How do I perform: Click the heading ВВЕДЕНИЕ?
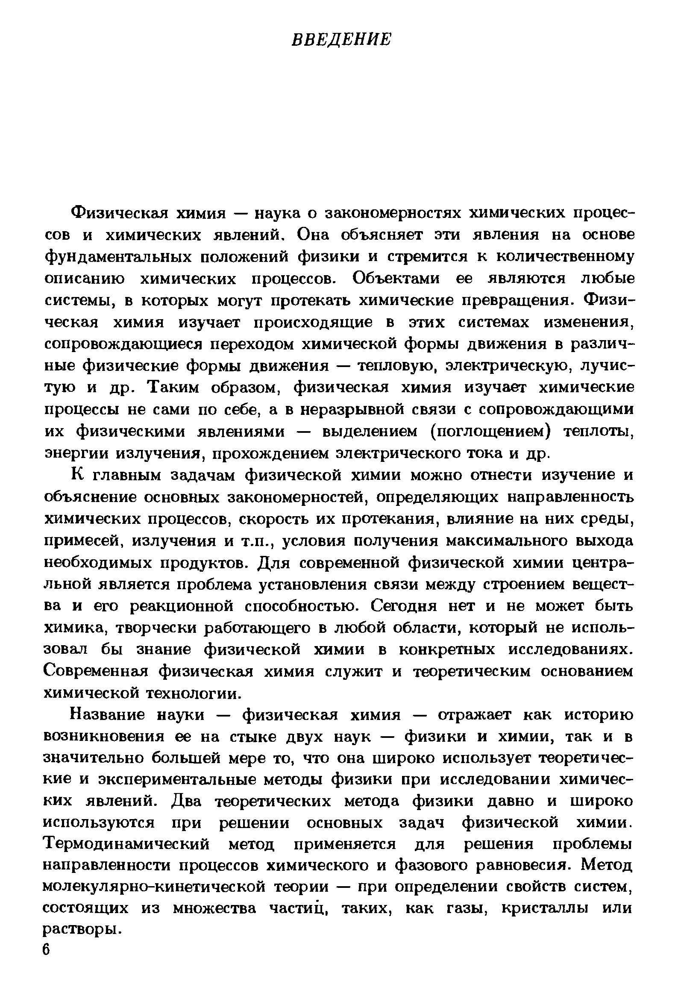[341, 39]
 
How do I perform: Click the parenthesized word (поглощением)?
[490, 432]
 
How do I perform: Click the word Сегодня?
[404, 607]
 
